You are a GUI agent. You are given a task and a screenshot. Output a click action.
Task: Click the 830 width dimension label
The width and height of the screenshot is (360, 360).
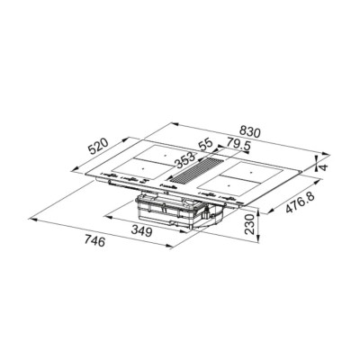click(x=250, y=132)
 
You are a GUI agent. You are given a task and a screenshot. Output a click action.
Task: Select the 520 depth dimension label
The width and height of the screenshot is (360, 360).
click(x=98, y=147)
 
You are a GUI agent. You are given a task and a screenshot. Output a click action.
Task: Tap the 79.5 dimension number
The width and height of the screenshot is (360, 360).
click(x=238, y=144)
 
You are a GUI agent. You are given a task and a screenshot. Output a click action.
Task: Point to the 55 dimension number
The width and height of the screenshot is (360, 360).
click(x=206, y=144)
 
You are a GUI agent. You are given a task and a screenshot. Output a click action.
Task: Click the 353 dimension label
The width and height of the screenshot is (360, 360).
click(x=184, y=160)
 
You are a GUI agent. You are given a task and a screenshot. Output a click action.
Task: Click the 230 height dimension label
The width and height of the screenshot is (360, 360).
click(x=250, y=224)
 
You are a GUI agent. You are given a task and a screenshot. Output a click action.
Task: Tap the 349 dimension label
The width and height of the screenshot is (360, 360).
click(x=141, y=231)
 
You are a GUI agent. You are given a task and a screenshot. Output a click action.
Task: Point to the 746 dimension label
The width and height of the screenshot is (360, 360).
click(x=94, y=241)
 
